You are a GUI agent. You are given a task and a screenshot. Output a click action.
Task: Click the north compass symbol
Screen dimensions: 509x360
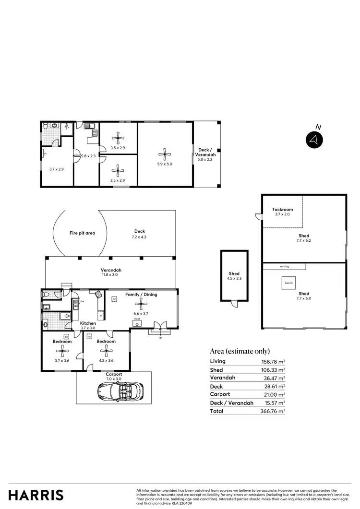314,140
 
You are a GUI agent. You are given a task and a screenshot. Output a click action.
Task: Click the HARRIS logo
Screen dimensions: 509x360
36,495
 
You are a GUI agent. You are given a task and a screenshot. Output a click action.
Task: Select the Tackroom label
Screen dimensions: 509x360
282,210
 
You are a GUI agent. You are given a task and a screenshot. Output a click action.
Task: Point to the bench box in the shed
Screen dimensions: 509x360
288,283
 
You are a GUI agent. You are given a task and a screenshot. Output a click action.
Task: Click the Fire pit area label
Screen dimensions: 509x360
82,233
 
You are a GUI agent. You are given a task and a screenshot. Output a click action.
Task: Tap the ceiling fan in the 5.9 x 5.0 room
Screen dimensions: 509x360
165,154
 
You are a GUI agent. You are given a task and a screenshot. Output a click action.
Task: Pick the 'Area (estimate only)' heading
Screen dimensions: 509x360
240,351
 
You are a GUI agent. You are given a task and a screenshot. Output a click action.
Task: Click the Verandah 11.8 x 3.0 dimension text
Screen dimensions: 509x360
110,275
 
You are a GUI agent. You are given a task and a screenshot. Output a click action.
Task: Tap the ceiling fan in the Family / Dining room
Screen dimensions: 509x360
140,302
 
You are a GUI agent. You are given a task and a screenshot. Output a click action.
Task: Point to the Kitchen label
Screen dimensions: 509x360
88,323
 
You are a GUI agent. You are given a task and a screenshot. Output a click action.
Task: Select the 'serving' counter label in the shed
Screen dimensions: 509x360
284,266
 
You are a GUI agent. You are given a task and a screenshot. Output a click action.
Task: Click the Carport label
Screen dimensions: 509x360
114,374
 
